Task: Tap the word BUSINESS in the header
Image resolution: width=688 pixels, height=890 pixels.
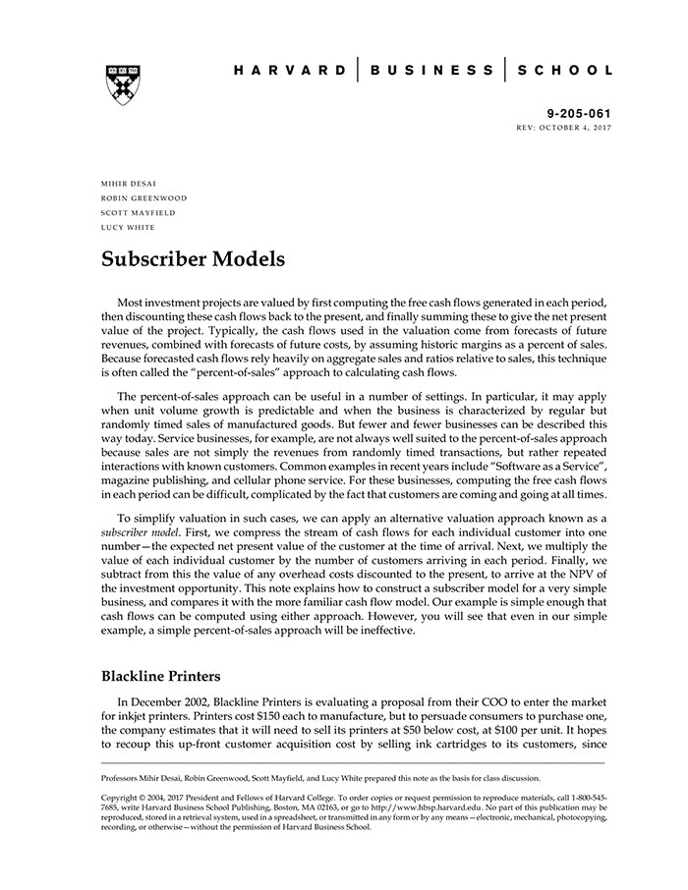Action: coord(432,71)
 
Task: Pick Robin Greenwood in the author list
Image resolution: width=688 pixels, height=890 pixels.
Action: coord(143,198)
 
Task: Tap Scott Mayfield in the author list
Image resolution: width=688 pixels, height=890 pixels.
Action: coord(138,212)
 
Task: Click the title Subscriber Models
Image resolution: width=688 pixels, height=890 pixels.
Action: coord(193,260)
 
